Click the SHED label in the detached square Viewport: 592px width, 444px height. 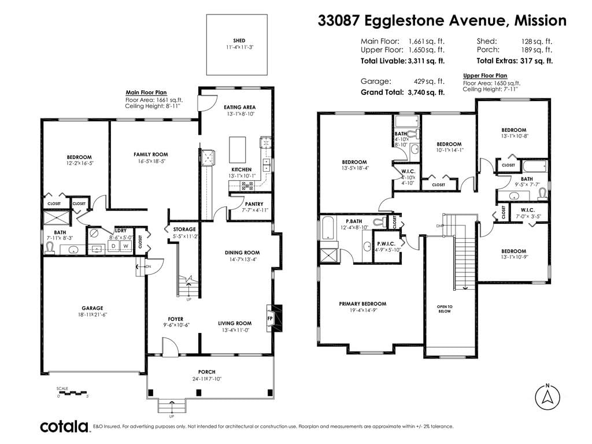coord(239,40)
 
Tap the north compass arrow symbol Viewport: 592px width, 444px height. coord(547,397)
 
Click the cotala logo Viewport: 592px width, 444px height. coord(64,427)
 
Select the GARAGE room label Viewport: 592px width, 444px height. coord(92,308)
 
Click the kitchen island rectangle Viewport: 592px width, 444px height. coord(238,150)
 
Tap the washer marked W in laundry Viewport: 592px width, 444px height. coord(126,246)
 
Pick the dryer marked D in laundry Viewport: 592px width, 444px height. coord(113,246)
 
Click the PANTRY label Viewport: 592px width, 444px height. coord(254,204)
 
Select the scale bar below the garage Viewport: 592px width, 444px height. coord(73,393)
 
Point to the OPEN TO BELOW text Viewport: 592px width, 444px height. coord(445,309)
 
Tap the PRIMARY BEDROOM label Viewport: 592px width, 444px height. coord(362,304)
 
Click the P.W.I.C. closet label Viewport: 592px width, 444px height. coord(386,244)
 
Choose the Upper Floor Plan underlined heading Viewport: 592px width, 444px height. coord(485,76)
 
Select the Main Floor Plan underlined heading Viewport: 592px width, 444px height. coord(146,92)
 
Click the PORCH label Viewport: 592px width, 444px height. coord(207,372)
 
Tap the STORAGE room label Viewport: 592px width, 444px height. coord(184,229)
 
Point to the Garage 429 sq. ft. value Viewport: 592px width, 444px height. coord(430,81)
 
